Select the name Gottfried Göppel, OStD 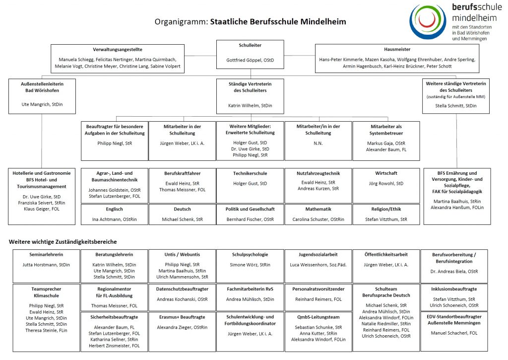click(x=250, y=61)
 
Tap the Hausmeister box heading click(x=397, y=50)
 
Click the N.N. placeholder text click(x=318, y=143)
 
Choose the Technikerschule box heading click(x=250, y=173)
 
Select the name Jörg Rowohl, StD click(x=386, y=184)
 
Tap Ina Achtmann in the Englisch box click(x=114, y=219)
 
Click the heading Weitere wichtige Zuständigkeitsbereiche click(x=63, y=242)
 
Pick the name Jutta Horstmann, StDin click(x=47, y=265)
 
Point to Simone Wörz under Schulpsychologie click(x=250, y=265)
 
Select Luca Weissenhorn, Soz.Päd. click(x=318, y=265)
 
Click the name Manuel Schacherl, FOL click(x=454, y=333)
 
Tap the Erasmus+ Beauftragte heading click(x=182, y=317)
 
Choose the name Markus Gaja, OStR click(x=386, y=143)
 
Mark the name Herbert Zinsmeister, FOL click(x=114, y=346)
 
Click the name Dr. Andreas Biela click(x=454, y=272)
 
